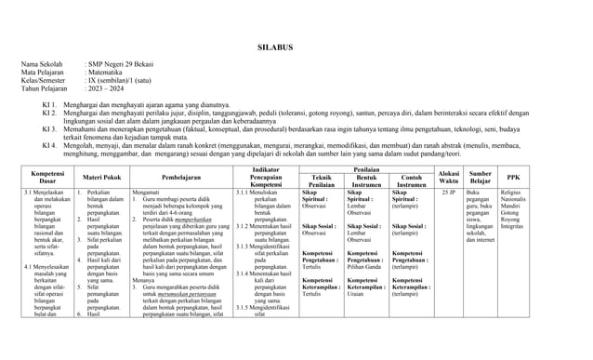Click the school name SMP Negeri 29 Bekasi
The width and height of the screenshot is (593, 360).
coord(129,64)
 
